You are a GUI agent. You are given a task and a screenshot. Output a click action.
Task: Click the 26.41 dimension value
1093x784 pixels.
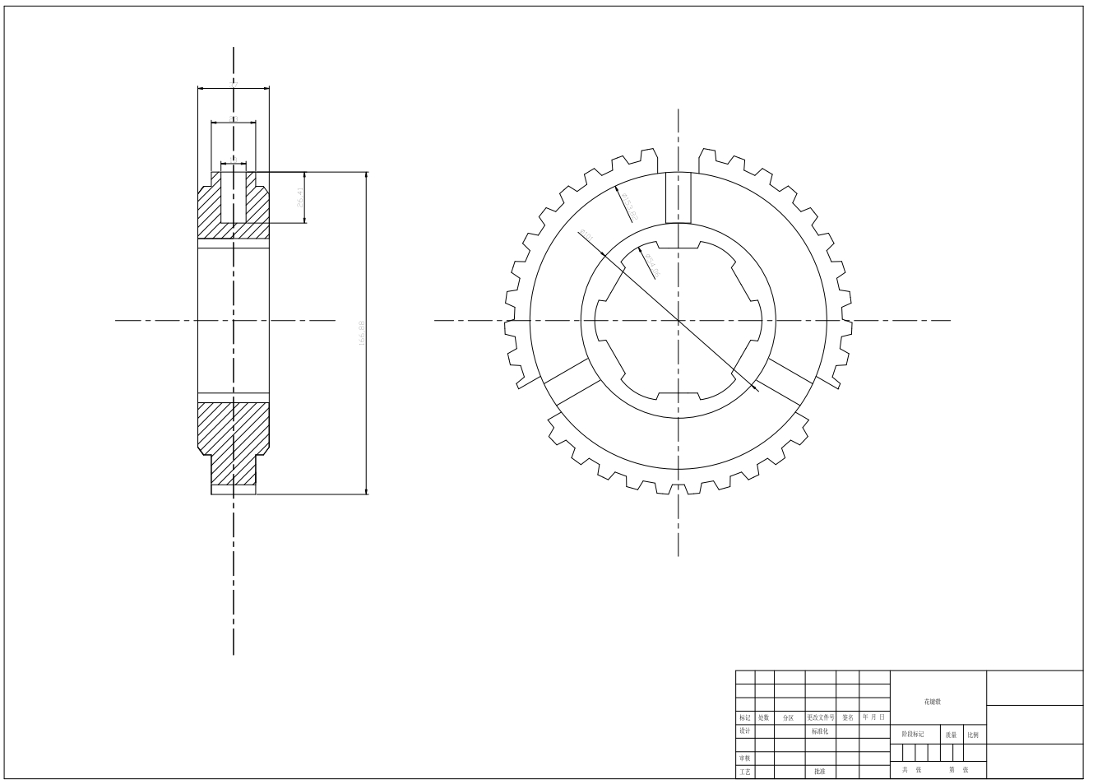pyautogui.click(x=301, y=197)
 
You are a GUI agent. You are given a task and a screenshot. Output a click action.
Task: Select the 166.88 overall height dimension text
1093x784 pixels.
pyautogui.click(x=362, y=334)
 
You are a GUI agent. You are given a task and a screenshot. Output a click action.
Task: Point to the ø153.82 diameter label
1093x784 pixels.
pyautogui.click(x=629, y=206)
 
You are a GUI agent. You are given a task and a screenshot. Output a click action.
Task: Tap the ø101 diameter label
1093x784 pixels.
pyautogui.click(x=587, y=239)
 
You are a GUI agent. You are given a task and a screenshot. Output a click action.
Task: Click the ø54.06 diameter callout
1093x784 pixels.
pyautogui.click(x=652, y=264)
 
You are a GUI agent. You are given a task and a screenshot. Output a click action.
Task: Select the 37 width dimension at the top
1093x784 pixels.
pyautogui.click(x=234, y=83)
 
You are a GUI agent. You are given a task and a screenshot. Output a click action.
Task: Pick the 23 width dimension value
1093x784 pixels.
pyautogui.click(x=234, y=118)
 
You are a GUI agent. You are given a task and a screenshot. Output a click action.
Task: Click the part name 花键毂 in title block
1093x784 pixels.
pyautogui.click(x=932, y=702)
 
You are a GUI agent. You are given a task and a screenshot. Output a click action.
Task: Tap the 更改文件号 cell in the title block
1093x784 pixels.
pyautogui.click(x=820, y=717)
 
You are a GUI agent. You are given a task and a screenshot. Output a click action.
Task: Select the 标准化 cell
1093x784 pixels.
pyautogui.click(x=820, y=731)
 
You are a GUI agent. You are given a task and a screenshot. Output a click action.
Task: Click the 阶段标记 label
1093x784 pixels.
pyautogui.click(x=913, y=735)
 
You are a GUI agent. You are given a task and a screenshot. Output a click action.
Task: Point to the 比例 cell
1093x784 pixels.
pyautogui.click(x=973, y=735)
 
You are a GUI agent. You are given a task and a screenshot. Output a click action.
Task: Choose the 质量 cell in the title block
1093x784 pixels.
pyautogui.click(x=951, y=735)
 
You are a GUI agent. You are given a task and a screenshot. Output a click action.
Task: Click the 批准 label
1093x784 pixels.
pyautogui.click(x=820, y=772)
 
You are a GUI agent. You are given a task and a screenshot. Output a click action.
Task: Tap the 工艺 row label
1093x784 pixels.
pyautogui.click(x=744, y=772)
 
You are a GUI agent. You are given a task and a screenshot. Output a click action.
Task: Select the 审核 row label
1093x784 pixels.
pyautogui.click(x=744, y=758)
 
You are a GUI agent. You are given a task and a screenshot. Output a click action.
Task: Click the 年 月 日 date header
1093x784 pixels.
pyautogui.click(x=873, y=717)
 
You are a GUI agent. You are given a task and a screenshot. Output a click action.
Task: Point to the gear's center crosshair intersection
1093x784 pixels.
pyautogui.click(x=678, y=320)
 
